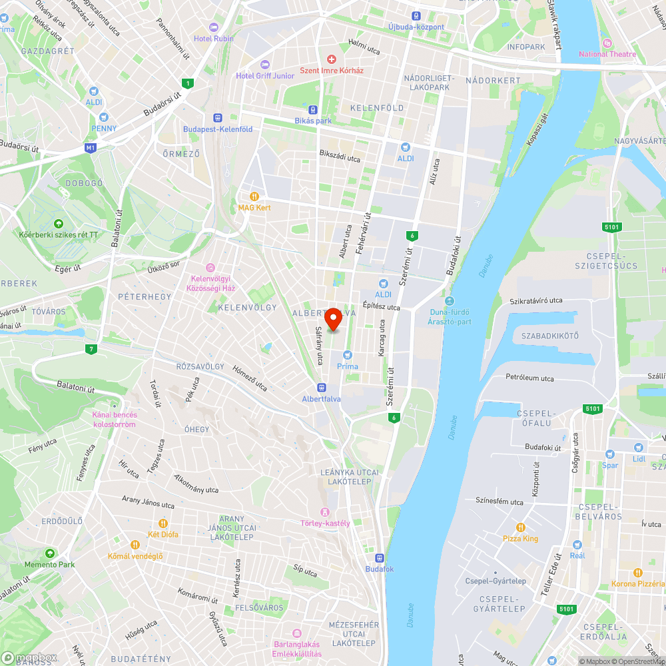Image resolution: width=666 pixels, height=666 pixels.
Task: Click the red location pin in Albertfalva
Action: coord(333,318)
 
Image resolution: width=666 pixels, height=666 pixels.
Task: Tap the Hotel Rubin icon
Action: coord(213,27)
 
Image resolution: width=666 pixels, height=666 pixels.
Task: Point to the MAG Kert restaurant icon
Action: coord(254,196)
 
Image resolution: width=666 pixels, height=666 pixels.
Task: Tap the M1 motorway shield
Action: coord(91,147)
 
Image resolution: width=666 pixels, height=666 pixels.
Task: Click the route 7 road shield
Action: coord(91,349)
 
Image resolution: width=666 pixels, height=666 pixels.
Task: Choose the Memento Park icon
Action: coord(50,553)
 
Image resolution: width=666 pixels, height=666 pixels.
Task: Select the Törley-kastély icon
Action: coord(325,512)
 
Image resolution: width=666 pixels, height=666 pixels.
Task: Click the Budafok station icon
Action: coord(380,558)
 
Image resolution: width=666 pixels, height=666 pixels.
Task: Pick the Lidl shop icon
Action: coord(639,448)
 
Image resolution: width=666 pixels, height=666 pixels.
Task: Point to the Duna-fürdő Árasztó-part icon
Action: coord(449,301)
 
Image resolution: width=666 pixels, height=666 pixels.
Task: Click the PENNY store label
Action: coord(104,129)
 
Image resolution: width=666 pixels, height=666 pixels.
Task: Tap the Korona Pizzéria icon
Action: coord(637,573)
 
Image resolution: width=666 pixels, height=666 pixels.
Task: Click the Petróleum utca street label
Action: coord(529,378)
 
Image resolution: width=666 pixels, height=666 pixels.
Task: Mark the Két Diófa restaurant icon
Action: coord(163,523)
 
